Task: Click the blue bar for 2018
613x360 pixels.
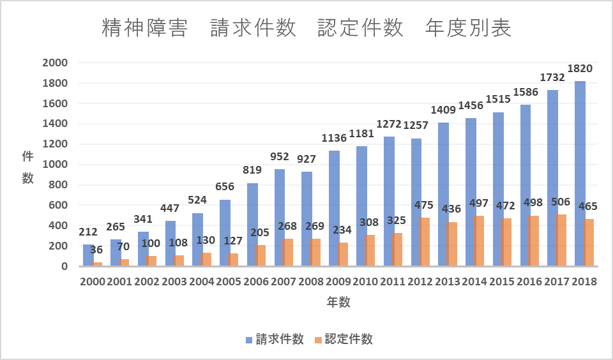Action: pos(579,173)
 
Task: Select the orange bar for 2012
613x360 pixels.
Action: pos(425,242)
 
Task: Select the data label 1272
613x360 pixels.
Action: pos(388,124)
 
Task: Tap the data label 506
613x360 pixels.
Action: pos(560,202)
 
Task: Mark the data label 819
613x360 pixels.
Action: pos(252,170)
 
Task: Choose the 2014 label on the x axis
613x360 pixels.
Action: pos(475,281)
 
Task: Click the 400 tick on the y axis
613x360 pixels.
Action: pos(58,225)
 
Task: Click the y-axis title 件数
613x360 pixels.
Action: pos(27,167)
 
